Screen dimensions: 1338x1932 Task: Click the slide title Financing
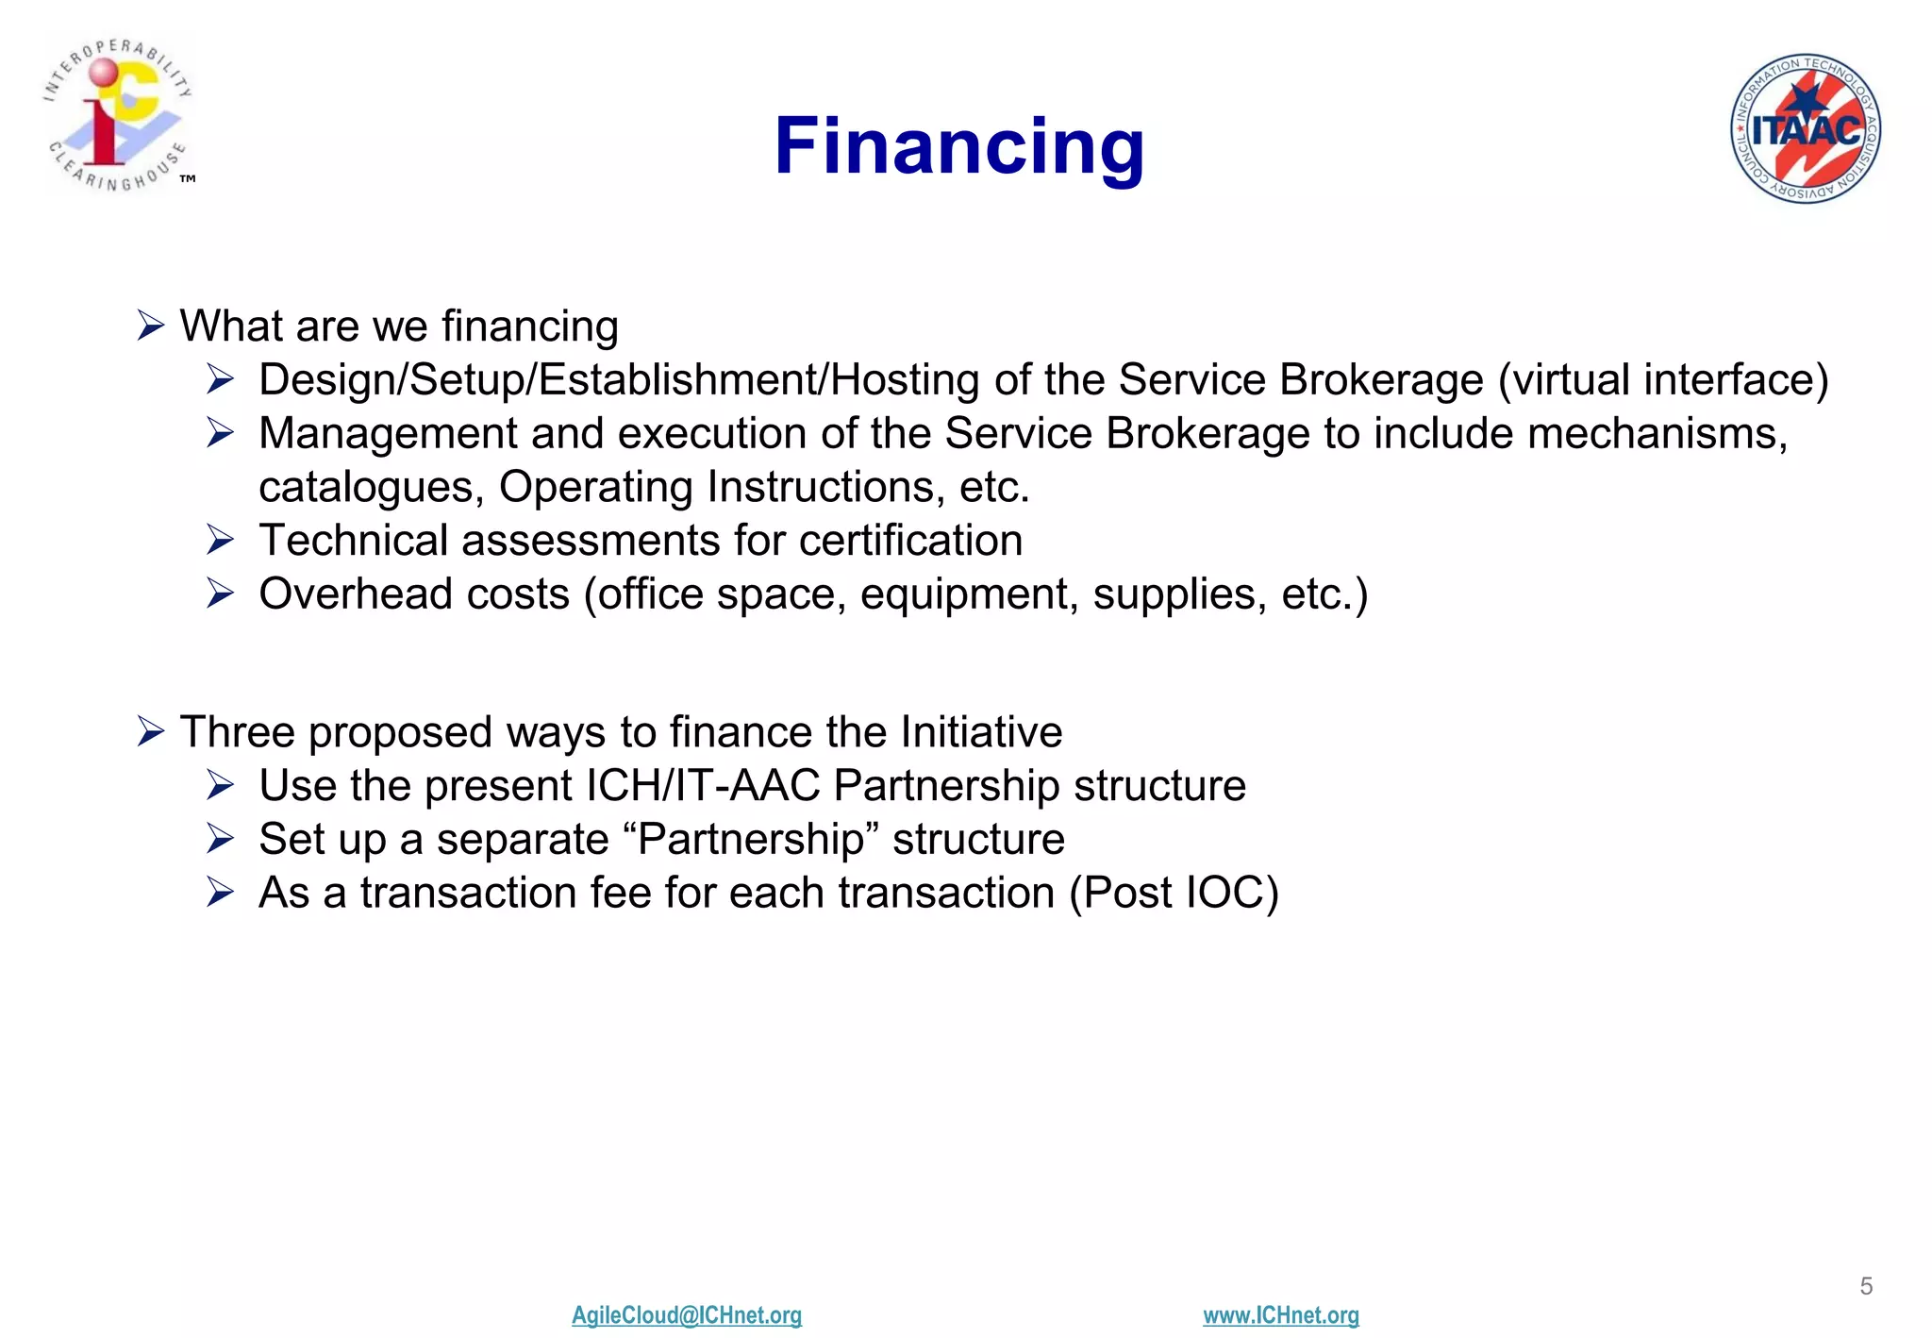pos(958,147)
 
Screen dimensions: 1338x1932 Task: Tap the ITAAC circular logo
pos(1805,128)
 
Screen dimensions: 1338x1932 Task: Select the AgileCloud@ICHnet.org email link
pos(686,1314)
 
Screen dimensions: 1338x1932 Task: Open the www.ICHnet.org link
pos(1280,1314)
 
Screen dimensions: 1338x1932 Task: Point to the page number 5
pos(1865,1286)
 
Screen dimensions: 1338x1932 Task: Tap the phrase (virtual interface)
pos(1662,380)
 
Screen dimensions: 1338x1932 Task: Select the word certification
pos(910,542)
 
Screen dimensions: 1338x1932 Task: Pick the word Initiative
pos(981,732)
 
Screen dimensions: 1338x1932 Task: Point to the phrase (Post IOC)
pos(1174,893)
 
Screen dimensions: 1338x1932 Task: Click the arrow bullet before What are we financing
pos(151,326)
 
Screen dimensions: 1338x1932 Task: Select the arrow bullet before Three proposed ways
pos(151,732)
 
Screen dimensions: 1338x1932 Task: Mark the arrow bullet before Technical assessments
pos(221,541)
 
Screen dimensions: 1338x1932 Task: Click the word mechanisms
pos(1657,434)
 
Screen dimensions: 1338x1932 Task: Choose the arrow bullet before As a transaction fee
pos(221,893)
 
